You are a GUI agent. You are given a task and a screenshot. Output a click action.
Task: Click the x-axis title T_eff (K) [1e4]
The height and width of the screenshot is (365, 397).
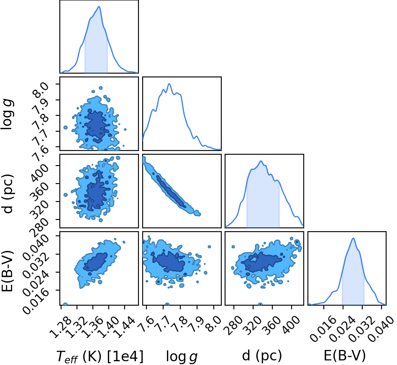point(100,356)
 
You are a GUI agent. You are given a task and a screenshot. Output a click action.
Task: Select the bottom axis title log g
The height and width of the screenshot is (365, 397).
point(182,357)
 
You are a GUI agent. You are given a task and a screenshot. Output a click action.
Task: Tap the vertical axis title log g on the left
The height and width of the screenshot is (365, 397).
point(8,115)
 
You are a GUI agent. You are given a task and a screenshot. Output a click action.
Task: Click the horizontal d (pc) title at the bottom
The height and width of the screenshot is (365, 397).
point(262,356)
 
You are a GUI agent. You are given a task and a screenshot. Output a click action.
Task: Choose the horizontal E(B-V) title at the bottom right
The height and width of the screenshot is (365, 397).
point(345,356)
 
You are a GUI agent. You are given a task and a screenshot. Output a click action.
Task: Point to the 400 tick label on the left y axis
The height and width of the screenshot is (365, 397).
point(39,173)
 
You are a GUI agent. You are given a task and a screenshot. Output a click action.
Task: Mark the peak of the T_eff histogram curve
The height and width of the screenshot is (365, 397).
point(99,7)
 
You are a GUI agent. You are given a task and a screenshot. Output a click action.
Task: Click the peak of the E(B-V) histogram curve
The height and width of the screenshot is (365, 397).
point(353,238)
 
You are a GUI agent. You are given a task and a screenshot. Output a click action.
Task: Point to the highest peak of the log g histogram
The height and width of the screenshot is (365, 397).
point(169,84)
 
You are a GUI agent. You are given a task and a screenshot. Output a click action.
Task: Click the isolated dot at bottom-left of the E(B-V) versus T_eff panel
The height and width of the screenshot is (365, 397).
point(65,304)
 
